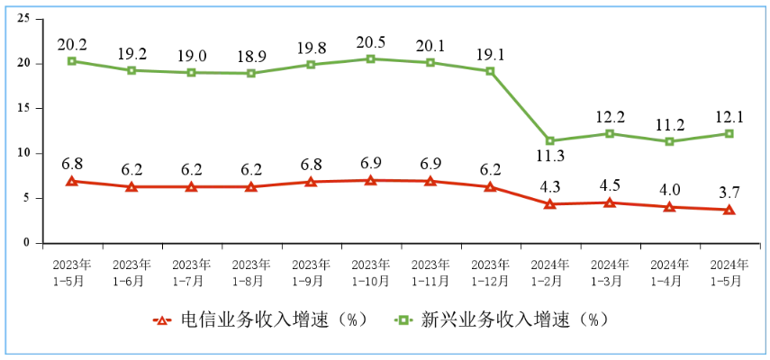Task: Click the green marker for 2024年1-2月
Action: coord(550,140)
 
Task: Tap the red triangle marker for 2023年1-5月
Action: coord(72,181)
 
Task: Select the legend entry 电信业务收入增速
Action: coord(262,320)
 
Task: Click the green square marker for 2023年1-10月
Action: coord(370,58)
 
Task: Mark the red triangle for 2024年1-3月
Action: coord(610,202)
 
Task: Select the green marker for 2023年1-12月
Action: coord(490,71)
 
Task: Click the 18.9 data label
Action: coord(251,54)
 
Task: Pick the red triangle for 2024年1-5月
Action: coord(729,210)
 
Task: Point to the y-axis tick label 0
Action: coord(27,243)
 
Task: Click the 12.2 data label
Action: coord(610,114)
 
